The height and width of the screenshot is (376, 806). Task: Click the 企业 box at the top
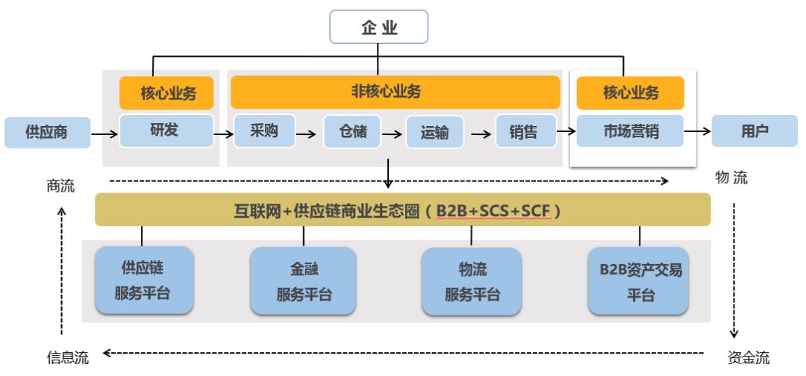pos(379,27)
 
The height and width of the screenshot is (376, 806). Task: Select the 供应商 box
pos(47,133)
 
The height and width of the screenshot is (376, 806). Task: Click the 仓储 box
pos(352,132)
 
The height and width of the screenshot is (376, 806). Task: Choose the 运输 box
pos(434,133)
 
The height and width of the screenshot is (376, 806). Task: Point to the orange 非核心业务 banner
pos(395,92)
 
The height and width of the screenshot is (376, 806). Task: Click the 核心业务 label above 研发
pos(166,94)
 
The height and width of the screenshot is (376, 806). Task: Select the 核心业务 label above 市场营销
pos(631,93)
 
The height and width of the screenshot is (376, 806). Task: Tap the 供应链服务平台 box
pos(145,280)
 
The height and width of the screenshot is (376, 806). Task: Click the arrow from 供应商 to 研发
pos(104,135)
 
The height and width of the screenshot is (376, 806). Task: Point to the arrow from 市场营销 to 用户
pos(698,132)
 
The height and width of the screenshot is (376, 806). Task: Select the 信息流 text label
pos(68,357)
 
